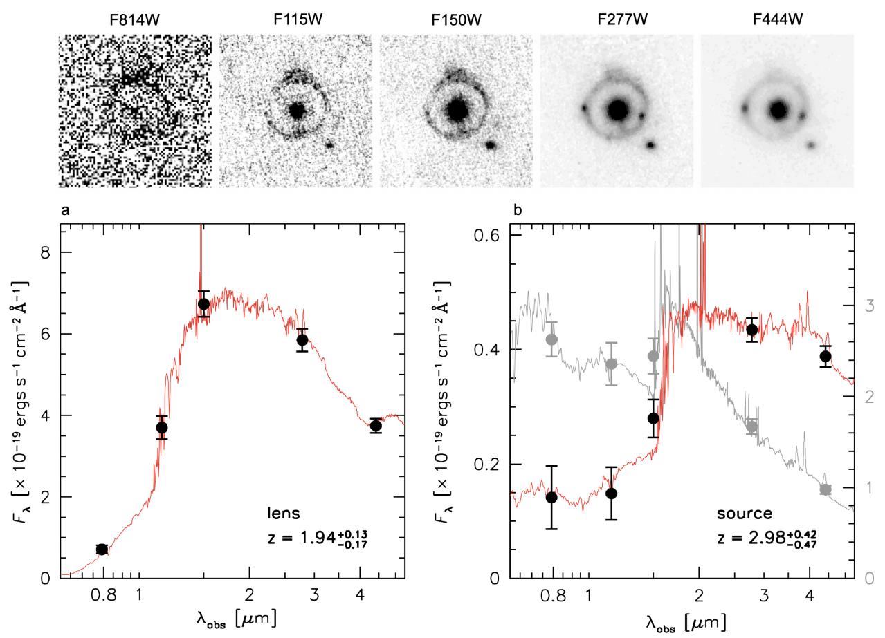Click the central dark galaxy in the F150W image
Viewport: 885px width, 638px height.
[x=457, y=109]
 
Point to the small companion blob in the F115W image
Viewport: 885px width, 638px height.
[x=329, y=145]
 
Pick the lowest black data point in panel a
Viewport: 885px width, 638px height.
[x=102, y=550]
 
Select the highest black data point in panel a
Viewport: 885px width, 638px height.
[x=203, y=304]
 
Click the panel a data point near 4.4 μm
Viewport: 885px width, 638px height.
[x=376, y=426]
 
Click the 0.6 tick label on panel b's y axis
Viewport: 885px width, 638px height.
[x=485, y=236]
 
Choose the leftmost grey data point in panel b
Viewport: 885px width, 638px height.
[x=551, y=339]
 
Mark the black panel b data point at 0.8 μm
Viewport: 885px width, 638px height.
[x=551, y=498]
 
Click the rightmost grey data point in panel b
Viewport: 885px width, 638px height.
[x=825, y=489]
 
